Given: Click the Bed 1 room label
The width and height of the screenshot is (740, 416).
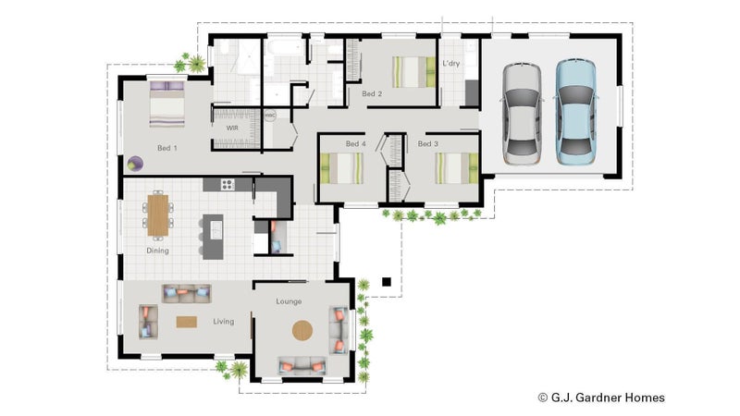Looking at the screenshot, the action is pyautogui.click(x=167, y=148).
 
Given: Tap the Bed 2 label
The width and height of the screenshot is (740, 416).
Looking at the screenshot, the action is pyautogui.click(x=372, y=94).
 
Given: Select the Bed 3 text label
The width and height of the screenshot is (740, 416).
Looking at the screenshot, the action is pyautogui.click(x=428, y=144).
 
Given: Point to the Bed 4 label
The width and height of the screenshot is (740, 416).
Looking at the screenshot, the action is pyautogui.click(x=356, y=144).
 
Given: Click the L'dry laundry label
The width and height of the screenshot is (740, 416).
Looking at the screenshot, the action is pyautogui.click(x=450, y=63).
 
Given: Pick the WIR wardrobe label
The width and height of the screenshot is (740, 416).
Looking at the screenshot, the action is pyautogui.click(x=232, y=128).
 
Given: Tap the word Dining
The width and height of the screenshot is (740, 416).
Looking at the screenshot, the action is pyautogui.click(x=157, y=251).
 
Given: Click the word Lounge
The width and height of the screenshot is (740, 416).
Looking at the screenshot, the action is pyautogui.click(x=289, y=301).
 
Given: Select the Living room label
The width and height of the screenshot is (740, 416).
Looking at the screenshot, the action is pyautogui.click(x=224, y=321).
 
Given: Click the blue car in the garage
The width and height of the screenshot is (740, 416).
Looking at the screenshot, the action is pyautogui.click(x=575, y=112).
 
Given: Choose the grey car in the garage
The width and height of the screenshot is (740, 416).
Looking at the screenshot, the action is pyautogui.click(x=522, y=114).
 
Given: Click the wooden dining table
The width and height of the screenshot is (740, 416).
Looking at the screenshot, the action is pyautogui.click(x=158, y=215).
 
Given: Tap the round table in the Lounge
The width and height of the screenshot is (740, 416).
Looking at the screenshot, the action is pyautogui.click(x=302, y=331).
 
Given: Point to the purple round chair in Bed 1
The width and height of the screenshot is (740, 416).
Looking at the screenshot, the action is pyautogui.click(x=135, y=164).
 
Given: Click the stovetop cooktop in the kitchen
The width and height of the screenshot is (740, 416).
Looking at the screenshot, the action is pyautogui.click(x=228, y=184).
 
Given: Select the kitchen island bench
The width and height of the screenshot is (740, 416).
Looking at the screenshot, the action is pyautogui.click(x=214, y=237).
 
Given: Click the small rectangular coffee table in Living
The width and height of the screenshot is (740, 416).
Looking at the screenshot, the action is pyautogui.click(x=187, y=322).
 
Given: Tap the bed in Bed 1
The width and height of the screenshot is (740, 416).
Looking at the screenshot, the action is pyautogui.click(x=167, y=104).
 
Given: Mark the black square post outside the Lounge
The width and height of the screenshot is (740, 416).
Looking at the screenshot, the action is pyautogui.click(x=387, y=282).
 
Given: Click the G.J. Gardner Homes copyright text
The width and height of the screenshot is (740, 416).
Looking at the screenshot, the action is pyautogui.click(x=602, y=398).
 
